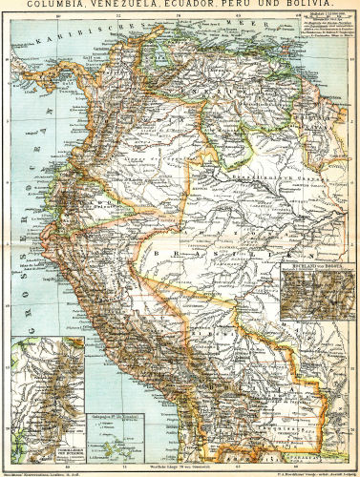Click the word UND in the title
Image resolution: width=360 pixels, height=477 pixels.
pyautogui.click(x=272, y=5)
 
